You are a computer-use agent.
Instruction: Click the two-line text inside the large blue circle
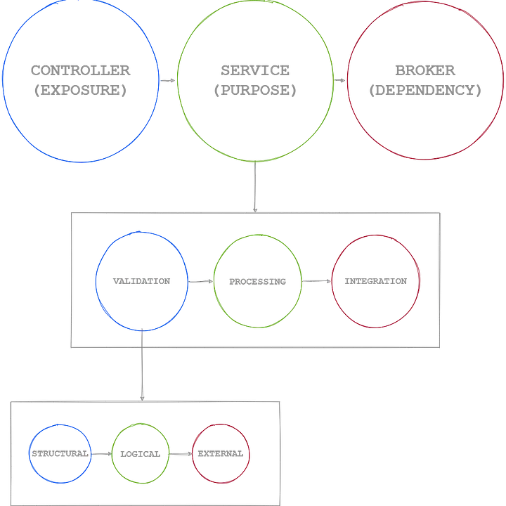80,79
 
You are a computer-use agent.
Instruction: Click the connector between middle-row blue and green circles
200,281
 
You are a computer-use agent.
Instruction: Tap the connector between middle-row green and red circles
316,281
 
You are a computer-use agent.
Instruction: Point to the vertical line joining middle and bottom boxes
142,365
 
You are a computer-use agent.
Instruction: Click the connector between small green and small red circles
181,454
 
